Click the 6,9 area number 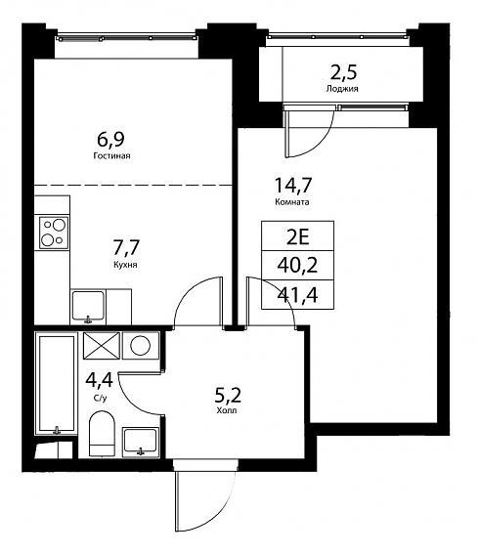(x=110, y=140)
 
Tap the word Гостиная (x=111, y=155)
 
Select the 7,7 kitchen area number (x=126, y=247)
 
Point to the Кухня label (x=125, y=265)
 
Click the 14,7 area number (x=293, y=185)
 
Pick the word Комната (x=292, y=202)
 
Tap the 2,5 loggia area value (x=343, y=72)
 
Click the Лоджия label (x=342, y=89)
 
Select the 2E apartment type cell (x=297, y=236)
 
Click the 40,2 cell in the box (x=297, y=266)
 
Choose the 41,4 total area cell (x=297, y=295)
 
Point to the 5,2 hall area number (x=228, y=396)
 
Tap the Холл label (x=227, y=411)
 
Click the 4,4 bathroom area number (x=100, y=380)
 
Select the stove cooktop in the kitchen (x=54, y=233)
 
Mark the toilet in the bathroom (x=103, y=434)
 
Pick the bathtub (x=57, y=383)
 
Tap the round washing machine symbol (x=141, y=345)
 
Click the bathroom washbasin (x=141, y=442)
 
